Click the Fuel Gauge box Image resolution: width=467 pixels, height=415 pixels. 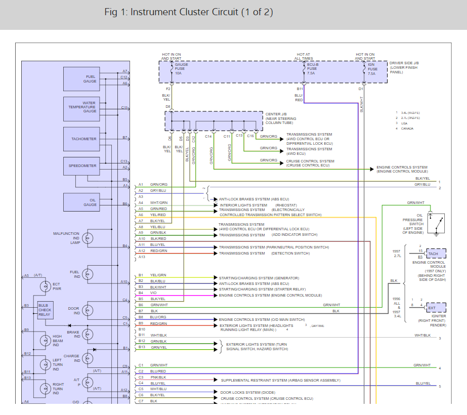[81, 79]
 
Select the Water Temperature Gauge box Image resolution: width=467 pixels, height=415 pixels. [81, 108]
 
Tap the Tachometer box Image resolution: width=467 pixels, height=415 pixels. [81, 139]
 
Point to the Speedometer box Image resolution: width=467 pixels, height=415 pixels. [81, 165]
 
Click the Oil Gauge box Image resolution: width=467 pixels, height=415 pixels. [81, 202]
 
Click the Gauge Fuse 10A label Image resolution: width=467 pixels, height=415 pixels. [181, 69]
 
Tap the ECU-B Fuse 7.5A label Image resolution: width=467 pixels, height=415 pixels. [313, 69]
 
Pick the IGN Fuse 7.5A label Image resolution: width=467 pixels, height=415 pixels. [372, 69]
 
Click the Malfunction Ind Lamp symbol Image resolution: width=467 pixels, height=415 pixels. [89, 237]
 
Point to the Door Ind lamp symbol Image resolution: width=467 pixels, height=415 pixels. [89, 309]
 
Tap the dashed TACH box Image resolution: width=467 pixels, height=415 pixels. [436, 254]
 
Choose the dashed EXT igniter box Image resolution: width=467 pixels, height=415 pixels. [436, 308]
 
